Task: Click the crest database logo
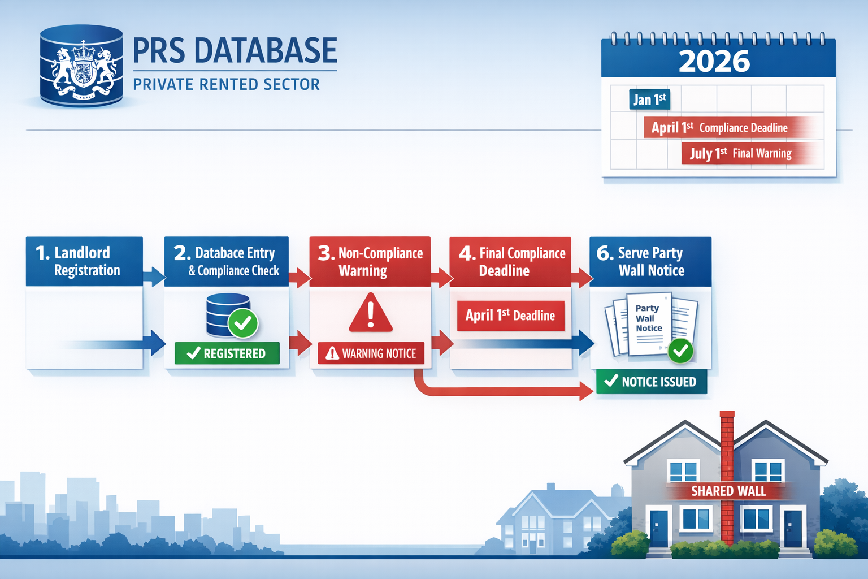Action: pyautogui.click(x=81, y=66)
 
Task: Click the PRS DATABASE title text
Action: pyautogui.click(x=235, y=51)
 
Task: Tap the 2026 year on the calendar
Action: pyautogui.click(x=714, y=61)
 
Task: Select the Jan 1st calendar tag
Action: pyautogui.click(x=649, y=100)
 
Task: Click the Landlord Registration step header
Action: pyautogui.click(x=84, y=261)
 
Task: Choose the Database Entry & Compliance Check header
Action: pyautogui.click(x=227, y=261)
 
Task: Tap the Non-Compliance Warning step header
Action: pyautogui.click(x=370, y=261)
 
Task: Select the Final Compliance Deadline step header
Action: pyautogui.click(x=510, y=261)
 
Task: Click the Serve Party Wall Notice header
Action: pyautogui.click(x=650, y=261)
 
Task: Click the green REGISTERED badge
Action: pyautogui.click(x=227, y=353)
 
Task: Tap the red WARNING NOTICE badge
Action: pyautogui.click(x=371, y=353)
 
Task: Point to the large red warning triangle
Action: pyautogui.click(x=371, y=313)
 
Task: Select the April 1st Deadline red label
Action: pyautogui.click(x=510, y=316)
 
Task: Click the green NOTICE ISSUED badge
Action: pyautogui.click(x=651, y=382)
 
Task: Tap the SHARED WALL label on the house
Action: pyautogui.click(x=728, y=491)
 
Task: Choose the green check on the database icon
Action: pyautogui.click(x=243, y=323)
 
